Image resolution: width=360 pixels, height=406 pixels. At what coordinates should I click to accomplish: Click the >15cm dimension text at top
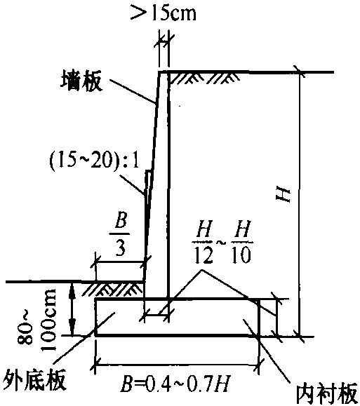point(163,12)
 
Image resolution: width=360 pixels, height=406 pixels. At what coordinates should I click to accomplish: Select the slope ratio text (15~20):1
point(94,161)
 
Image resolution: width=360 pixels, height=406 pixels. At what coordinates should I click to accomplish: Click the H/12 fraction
point(204,242)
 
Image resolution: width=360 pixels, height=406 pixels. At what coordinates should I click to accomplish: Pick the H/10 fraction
point(242,242)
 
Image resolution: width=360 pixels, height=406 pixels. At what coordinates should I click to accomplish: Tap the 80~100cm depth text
point(36,319)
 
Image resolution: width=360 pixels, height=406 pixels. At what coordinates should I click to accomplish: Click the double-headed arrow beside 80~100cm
point(72,309)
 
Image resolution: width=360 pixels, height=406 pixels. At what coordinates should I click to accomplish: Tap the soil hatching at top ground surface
point(203,77)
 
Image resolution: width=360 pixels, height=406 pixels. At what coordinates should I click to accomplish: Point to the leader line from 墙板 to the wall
point(132,91)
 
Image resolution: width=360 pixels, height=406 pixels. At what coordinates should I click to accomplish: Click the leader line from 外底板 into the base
point(84,341)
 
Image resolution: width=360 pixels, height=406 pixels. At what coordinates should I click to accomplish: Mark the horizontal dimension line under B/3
point(120,262)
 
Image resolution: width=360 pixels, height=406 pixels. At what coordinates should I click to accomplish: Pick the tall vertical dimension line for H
point(300,204)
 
